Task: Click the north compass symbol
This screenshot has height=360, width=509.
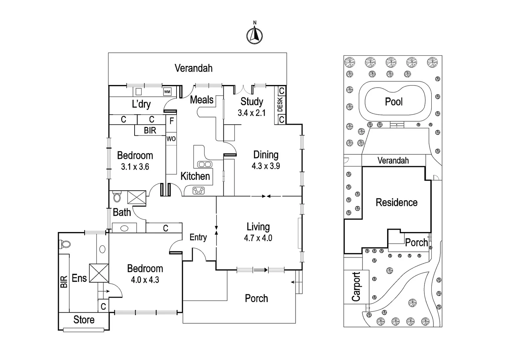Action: [254, 35]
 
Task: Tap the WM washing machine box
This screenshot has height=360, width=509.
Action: [167, 92]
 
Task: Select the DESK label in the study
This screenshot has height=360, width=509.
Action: [280, 105]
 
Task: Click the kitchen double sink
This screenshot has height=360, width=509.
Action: [204, 164]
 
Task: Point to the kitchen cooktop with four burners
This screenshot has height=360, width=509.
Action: [199, 191]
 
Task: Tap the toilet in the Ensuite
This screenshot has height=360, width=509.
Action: [65, 245]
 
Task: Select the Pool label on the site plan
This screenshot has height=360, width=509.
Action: [394, 102]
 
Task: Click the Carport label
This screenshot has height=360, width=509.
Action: [356, 287]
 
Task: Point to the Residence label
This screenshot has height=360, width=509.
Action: [396, 202]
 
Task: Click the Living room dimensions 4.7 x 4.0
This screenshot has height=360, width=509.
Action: [258, 238]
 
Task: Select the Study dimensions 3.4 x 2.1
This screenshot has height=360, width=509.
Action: [252, 113]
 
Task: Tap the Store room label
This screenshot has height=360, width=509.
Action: [84, 320]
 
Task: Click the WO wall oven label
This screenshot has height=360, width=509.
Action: [171, 139]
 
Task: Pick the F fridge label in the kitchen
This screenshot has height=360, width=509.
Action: [172, 121]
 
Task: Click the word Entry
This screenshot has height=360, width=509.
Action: [198, 237]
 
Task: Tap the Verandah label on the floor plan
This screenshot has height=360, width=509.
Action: [194, 68]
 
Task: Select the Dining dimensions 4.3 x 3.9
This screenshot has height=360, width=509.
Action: [265, 166]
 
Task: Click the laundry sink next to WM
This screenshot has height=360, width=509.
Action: [139, 92]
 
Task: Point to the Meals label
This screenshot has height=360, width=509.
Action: [202, 99]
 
